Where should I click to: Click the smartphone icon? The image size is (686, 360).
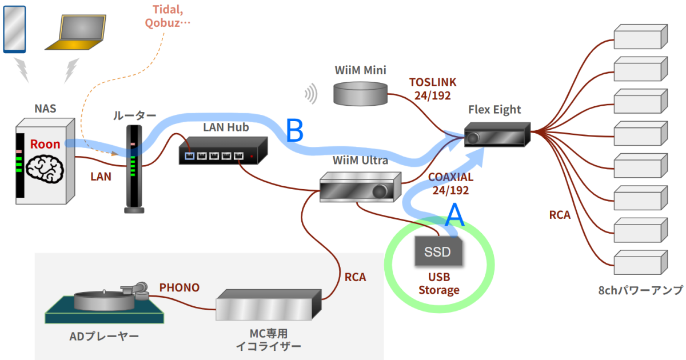(14, 29)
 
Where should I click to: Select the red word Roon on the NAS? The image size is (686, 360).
(45, 144)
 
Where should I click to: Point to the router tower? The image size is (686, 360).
(133, 169)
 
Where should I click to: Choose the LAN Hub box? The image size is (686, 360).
(222, 151)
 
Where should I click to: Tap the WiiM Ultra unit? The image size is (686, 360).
(357, 187)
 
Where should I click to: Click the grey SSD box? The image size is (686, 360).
(437, 251)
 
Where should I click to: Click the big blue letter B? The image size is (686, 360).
(295, 131)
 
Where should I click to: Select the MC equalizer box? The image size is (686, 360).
(267, 306)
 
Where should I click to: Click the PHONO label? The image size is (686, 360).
(180, 287)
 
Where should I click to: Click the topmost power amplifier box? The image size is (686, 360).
(640, 37)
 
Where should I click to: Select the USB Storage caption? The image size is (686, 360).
(438, 283)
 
